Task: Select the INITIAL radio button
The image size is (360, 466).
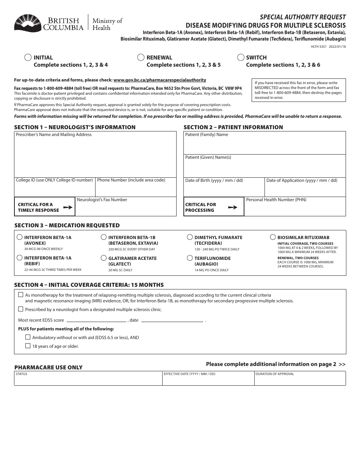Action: (x=28, y=58)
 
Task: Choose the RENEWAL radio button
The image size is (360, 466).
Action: (x=141, y=58)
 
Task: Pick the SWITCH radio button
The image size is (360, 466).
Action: (x=241, y=58)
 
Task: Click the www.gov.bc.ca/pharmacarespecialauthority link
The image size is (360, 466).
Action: (x=160, y=80)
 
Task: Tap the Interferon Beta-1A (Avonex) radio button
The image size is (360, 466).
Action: (x=20, y=237)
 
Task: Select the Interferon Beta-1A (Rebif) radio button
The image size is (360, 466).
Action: (x=20, y=258)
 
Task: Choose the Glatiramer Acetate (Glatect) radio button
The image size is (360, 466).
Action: (x=103, y=258)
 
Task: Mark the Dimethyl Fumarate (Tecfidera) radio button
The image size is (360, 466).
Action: (x=190, y=237)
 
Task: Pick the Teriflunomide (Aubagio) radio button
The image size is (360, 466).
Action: (x=190, y=258)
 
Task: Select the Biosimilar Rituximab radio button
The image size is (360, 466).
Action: (x=273, y=237)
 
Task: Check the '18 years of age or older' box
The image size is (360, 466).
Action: (x=28, y=346)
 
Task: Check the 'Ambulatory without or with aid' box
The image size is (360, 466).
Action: (x=28, y=337)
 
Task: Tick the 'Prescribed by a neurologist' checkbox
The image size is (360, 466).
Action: (x=20, y=309)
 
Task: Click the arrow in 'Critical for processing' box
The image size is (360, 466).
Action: (x=232, y=207)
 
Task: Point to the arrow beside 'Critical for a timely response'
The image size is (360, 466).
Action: (x=67, y=207)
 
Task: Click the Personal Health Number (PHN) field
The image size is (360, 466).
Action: (x=295, y=209)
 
